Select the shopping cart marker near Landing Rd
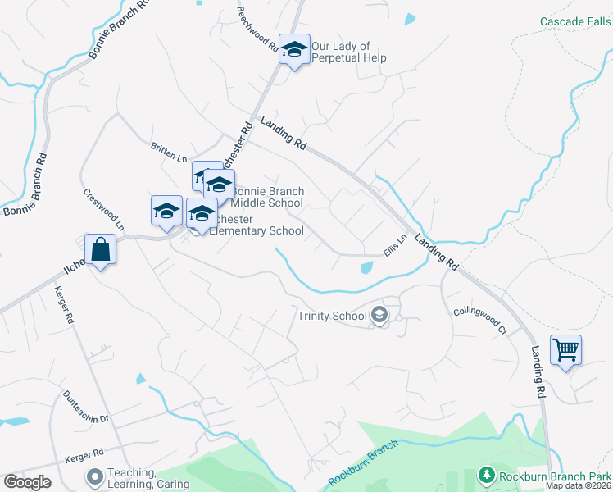coord(565,350)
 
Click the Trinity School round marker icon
coord(379,316)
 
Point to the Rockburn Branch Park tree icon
coord(486,476)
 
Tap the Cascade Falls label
coord(575,21)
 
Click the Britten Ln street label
coord(169,153)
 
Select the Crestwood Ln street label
coord(104,210)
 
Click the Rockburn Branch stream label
coord(363,462)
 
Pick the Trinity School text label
coord(332,316)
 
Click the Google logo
coord(27,482)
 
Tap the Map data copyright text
coord(579,485)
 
